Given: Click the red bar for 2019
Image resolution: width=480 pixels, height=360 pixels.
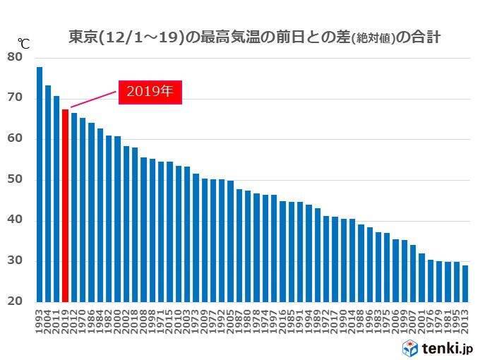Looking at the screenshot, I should click(66, 205).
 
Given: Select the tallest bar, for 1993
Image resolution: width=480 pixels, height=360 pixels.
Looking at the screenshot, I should click(40, 184).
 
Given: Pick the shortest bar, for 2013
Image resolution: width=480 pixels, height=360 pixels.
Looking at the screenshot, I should click(465, 283).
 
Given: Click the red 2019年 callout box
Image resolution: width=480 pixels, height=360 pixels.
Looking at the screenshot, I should click(150, 92).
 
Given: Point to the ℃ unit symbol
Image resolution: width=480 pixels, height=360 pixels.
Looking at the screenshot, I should click(23, 43).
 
